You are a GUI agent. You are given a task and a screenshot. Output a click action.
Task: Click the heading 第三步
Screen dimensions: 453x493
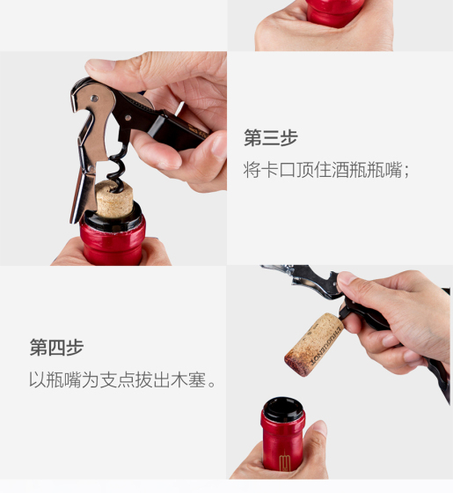click(x=271, y=137)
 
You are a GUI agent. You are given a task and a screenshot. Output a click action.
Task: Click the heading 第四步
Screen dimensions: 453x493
click(x=56, y=348)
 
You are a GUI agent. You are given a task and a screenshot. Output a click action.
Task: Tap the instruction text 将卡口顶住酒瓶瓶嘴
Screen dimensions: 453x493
click(x=323, y=170)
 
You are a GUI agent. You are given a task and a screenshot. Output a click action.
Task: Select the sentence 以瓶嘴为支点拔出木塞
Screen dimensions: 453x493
click(x=118, y=379)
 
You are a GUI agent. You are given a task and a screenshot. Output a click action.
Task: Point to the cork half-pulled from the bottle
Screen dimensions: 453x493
click(x=114, y=199)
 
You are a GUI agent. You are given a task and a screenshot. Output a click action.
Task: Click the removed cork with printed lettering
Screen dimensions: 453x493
click(x=313, y=344)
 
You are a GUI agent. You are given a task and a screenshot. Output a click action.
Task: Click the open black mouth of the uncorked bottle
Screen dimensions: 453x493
click(x=283, y=408)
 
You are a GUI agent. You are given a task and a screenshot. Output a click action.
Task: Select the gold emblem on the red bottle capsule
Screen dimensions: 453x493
click(x=285, y=460)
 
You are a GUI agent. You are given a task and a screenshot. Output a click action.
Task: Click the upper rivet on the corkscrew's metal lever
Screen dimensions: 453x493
click(x=94, y=99)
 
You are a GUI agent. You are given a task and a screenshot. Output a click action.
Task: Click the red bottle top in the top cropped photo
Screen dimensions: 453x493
click(x=335, y=12)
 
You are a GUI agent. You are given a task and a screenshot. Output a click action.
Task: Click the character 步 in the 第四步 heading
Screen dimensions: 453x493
click(x=75, y=348)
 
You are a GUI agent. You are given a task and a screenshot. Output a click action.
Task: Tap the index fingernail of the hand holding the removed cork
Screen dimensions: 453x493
click(x=346, y=278)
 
